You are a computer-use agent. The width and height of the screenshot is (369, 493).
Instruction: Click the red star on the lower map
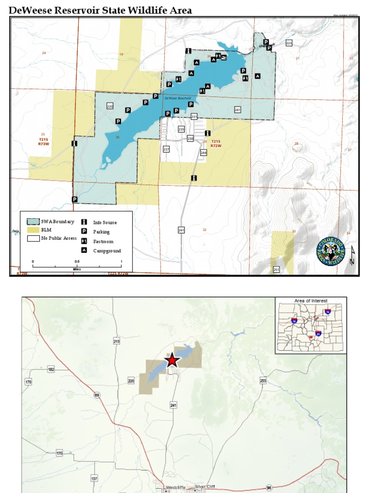tap(172, 361)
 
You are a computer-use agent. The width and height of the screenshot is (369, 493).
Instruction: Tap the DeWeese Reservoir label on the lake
tap(178, 98)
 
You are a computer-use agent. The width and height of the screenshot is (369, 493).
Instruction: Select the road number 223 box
tap(289, 43)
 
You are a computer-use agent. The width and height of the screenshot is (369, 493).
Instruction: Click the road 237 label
tap(166, 149)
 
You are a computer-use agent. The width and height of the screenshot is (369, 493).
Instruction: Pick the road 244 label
tap(203, 152)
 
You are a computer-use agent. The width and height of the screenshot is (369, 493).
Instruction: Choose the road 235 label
tap(181, 130)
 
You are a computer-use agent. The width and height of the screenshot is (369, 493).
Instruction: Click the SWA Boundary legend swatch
tap(33, 221)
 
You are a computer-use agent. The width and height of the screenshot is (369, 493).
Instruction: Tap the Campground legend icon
tap(84, 250)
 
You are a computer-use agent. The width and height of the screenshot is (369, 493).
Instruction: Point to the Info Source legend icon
tap(84, 222)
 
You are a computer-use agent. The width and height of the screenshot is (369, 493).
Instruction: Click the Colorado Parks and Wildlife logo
tap(331, 251)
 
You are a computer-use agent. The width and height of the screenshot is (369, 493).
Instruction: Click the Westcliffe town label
tap(175, 487)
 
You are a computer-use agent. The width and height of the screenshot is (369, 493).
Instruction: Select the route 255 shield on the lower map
tap(262, 380)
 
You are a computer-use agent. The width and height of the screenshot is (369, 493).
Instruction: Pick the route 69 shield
tap(97, 395)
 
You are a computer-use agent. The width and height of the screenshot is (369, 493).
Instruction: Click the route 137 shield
tap(94, 478)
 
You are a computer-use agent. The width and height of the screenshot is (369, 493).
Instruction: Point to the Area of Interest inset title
tap(310, 301)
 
